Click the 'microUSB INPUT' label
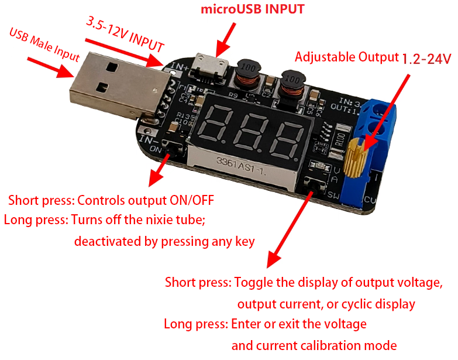pyautogui.click(x=253, y=9)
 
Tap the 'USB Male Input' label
pyautogui.click(x=44, y=44)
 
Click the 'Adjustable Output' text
pyautogui.click(x=346, y=57)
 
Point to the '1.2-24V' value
pyautogui.click(x=426, y=59)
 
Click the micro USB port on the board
pyautogui.click(x=212, y=64)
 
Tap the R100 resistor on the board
pyautogui.click(x=339, y=141)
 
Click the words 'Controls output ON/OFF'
pyautogui.click(x=145, y=200)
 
